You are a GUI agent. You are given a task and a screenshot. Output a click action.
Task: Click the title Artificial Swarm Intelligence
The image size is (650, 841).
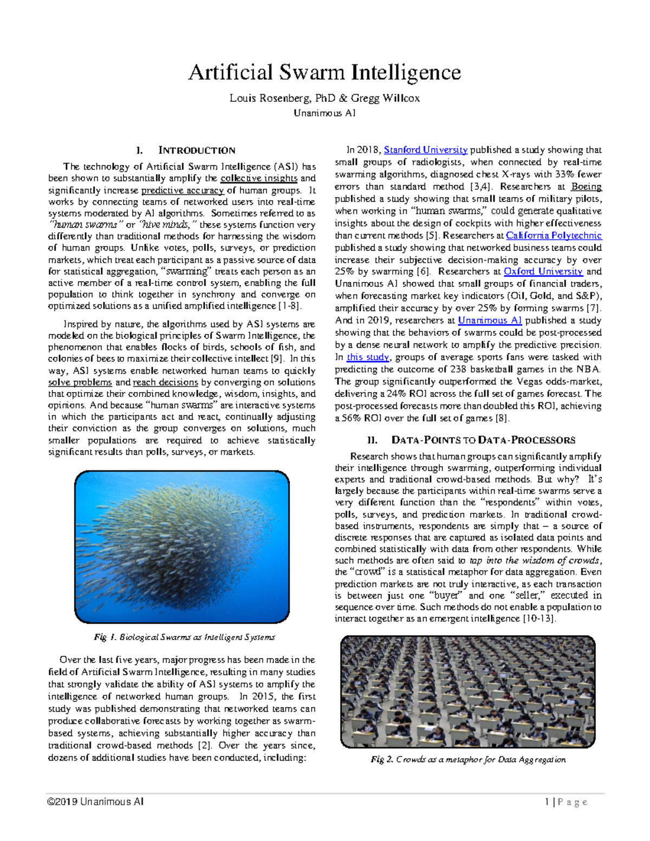324,73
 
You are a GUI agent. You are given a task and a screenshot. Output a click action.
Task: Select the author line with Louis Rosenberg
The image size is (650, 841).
324,98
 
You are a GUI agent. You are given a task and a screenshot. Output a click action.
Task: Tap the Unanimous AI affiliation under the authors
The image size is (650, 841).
324,113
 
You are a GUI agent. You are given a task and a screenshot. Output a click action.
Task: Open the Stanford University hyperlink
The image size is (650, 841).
425,150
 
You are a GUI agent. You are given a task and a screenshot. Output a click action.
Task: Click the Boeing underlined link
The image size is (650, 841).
586,187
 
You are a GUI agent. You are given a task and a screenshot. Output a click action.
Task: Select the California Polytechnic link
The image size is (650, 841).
553,236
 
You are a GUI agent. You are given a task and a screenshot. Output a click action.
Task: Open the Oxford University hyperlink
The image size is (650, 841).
543,272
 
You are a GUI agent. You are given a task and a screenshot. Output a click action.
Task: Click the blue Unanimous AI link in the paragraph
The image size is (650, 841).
490,321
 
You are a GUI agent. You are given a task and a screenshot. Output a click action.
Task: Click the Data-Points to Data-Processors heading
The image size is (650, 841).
468,440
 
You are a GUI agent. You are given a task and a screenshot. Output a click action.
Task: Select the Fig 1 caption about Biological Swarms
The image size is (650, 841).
184,637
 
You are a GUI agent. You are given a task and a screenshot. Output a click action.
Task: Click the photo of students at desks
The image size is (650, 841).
467,692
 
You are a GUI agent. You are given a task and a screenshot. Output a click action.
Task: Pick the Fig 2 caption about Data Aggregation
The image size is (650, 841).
468,760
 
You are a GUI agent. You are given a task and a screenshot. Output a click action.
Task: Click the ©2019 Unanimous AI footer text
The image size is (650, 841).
95,802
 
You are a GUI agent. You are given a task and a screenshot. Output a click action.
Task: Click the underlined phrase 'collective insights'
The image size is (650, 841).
259,179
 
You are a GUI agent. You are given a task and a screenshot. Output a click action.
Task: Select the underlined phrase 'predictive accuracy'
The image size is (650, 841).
182,191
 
